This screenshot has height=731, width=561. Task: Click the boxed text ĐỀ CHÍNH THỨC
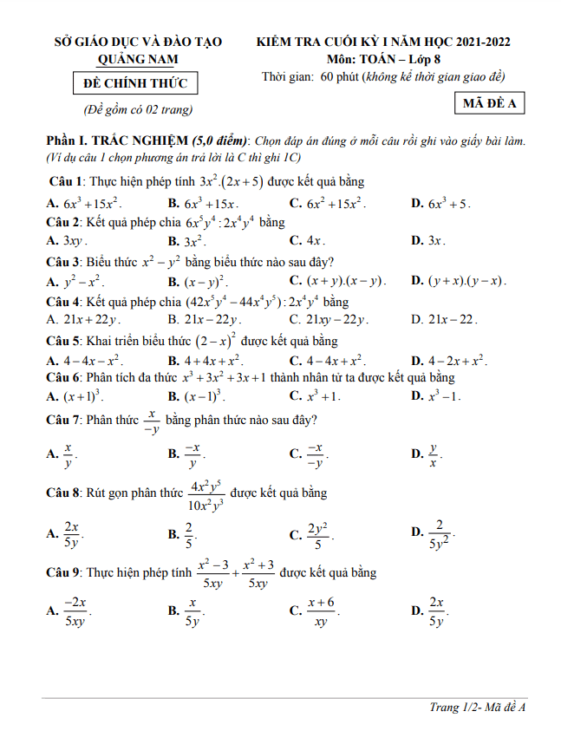click(x=135, y=83)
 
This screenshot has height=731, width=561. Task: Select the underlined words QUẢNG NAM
click(x=139, y=59)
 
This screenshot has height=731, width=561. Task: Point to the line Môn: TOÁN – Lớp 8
click(x=384, y=59)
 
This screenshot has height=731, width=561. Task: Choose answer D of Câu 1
click(x=448, y=204)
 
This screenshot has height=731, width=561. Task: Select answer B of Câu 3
click(x=205, y=282)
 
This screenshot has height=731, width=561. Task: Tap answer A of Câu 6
click(x=80, y=396)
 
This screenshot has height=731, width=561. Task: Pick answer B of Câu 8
click(x=188, y=536)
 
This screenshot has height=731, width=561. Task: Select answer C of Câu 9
click(x=320, y=611)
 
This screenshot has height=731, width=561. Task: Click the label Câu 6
click(x=63, y=378)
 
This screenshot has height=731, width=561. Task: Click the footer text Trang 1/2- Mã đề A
click(x=478, y=708)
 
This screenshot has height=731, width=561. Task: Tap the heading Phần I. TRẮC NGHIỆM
click(x=118, y=141)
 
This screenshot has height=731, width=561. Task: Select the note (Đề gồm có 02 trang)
click(x=138, y=110)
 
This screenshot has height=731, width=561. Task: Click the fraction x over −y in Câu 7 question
click(x=153, y=421)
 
